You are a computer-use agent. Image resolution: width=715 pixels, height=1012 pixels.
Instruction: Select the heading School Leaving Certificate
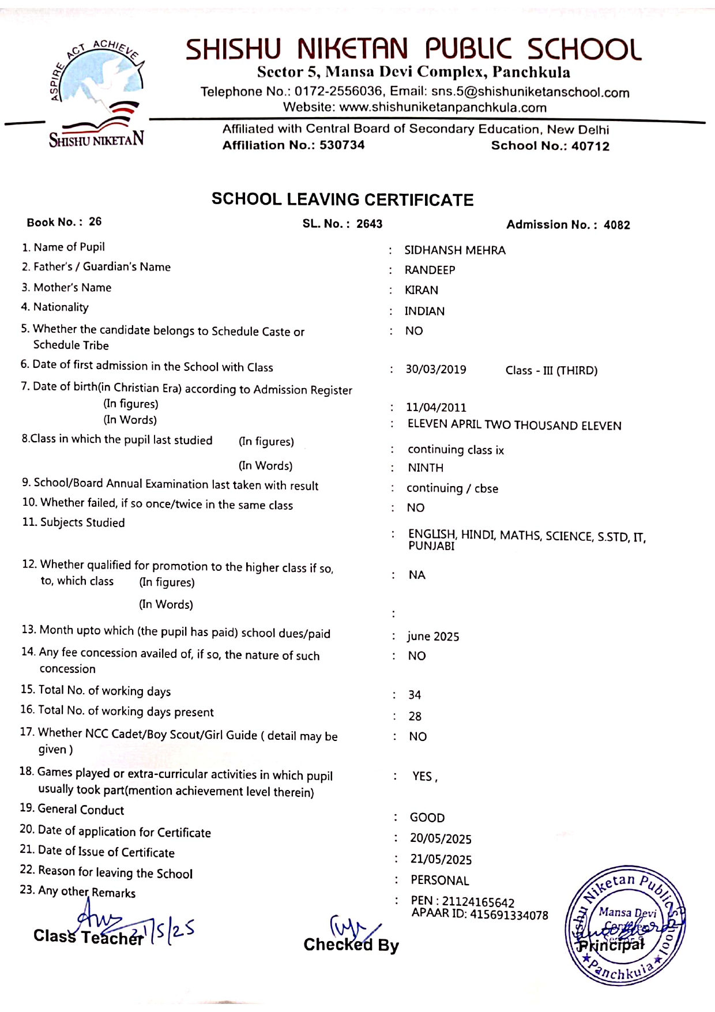tap(343, 200)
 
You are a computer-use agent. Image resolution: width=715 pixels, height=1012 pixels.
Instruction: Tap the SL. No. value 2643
tap(369, 224)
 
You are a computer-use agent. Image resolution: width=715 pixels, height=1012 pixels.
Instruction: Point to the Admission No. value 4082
tap(616, 225)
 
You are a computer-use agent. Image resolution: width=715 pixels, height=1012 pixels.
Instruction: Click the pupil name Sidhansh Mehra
tap(454, 250)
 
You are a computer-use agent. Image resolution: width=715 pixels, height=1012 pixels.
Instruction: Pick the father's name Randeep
tap(430, 270)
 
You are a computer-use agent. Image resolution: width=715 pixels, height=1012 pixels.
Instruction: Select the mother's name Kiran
tap(421, 290)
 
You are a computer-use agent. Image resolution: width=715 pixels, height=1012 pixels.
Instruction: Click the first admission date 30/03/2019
tap(435, 370)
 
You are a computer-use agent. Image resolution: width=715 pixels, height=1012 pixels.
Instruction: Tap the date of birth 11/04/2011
tap(435, 408)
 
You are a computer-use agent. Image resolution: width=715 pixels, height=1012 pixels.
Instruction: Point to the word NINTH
tap(426, 468)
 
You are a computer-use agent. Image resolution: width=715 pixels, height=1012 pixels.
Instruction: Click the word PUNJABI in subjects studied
tap(431, 546)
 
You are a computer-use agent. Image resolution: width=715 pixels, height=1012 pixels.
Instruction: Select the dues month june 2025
tap(433, 637)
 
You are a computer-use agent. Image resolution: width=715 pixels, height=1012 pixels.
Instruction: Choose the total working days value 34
tap(415, 695)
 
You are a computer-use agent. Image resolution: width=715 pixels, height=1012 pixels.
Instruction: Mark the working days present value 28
tap(415, 717)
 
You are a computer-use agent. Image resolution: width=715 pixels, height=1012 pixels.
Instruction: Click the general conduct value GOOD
tap(427, 818)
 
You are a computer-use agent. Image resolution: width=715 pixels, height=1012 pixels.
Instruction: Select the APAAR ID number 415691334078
tap(509, 915)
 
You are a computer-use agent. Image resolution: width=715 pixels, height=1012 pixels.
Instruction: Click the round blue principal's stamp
tap(625, 926)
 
